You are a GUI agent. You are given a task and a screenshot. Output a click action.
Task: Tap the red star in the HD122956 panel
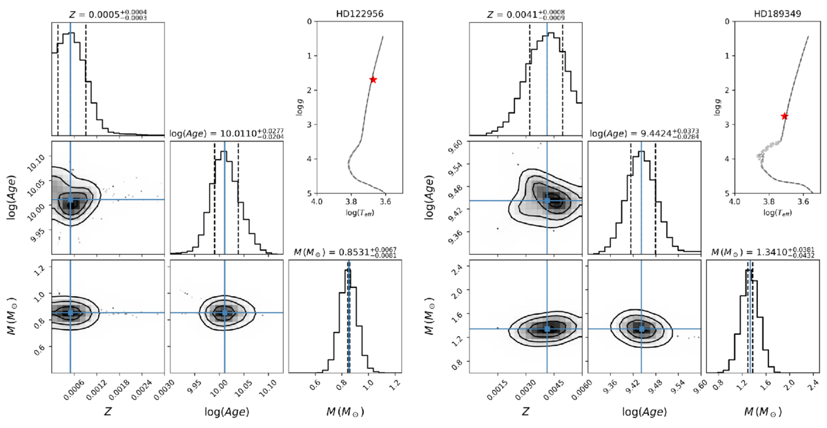(x=373, y=79)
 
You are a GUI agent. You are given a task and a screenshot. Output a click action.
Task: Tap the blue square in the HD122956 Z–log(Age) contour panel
(x=70, y=200)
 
